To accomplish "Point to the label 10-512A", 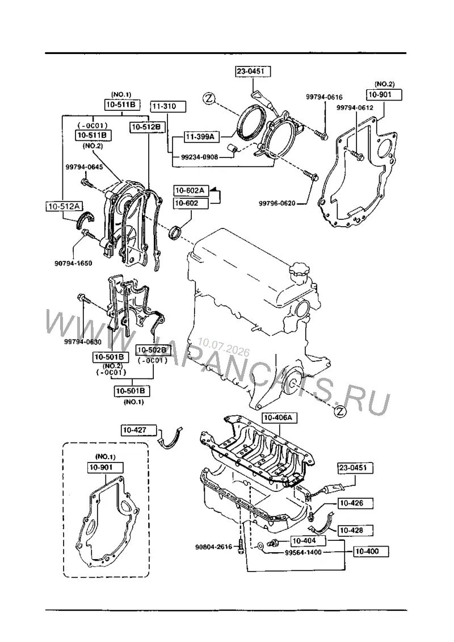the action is (64, 206).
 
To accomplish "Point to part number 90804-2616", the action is (213, 547).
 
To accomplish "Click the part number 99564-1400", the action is (303, 552).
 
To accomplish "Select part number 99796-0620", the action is (277, 203).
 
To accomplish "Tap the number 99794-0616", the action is (325, 97).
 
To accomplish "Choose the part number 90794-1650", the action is (73, 263).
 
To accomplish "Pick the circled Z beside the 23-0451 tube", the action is (209, 98).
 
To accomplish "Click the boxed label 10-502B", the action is (152, 349).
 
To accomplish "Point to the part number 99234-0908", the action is (200, 157).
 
